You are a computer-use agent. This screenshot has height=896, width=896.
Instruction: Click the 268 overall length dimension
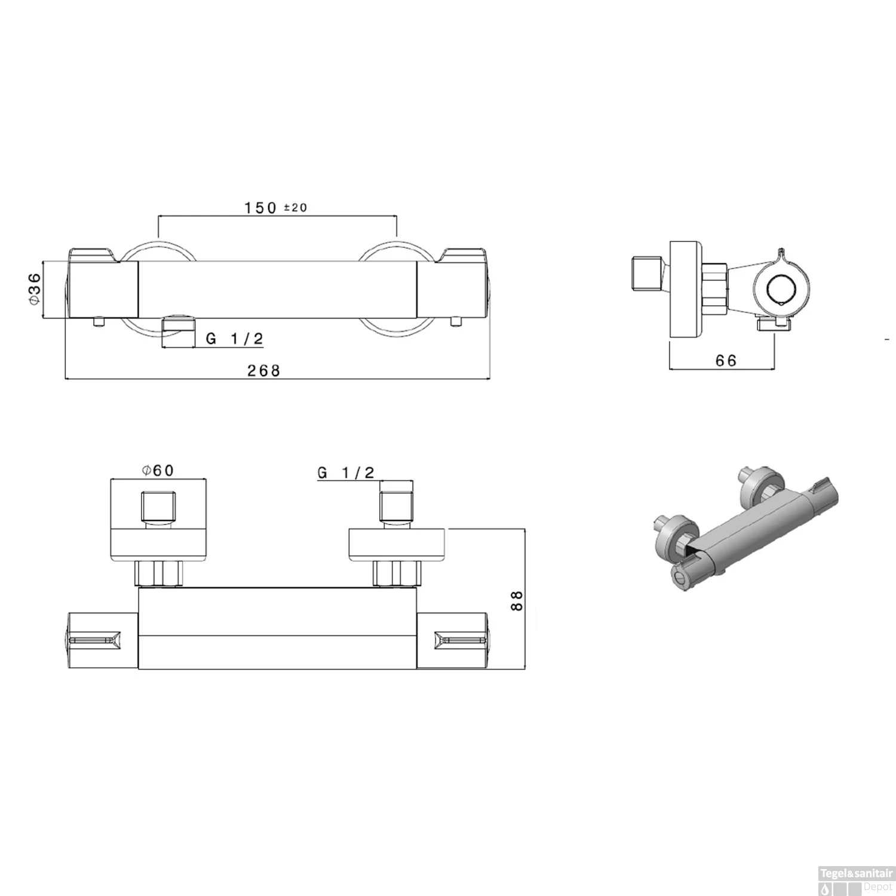click(263, 370)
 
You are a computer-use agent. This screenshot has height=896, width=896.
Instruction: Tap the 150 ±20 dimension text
click(275, 207)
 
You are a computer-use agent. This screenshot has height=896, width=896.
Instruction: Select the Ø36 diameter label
click(34, 289)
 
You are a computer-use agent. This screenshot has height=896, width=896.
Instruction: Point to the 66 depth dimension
click(725, 360)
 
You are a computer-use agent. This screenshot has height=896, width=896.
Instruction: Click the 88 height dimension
click(517, 600)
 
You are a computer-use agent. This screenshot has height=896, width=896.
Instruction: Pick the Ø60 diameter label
click(158, 471)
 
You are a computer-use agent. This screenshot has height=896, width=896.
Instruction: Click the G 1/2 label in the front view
click(234, 339)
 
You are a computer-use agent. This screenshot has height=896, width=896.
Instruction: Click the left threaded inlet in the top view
click(158, 506)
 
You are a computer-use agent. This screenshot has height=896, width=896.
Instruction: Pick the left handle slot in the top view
click(96, 640)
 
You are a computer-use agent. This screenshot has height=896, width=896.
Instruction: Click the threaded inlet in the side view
click(646, 276)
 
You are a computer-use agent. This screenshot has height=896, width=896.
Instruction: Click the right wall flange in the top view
click(397, 545)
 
